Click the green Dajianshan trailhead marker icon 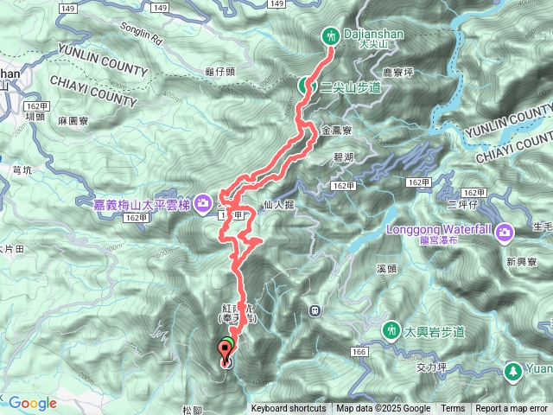pos(329,36)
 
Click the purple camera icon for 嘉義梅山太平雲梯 pos(202,204)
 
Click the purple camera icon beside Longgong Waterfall pos(505,232)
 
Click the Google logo pos(33,403)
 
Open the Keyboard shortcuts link pos(289,409)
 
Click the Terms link pos(453,409)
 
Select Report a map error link pos(512,409)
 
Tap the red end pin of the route pos(227,353)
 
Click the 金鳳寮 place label pos(335,130)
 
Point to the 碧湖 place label pos(342,157)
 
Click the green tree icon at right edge pos(512,372)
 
